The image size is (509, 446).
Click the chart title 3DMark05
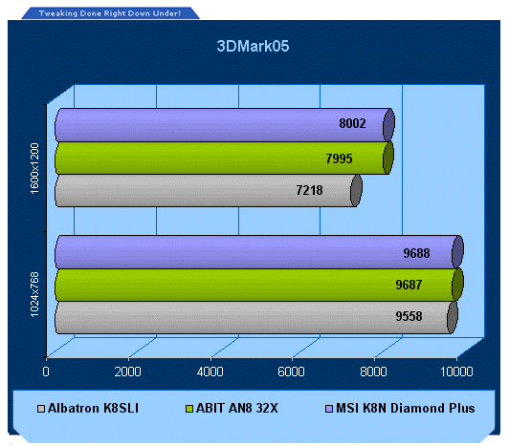(253, 46)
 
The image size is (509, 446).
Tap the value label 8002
(352, 123)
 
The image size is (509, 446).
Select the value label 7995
(339, 159)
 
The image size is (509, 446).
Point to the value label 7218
(309, 190)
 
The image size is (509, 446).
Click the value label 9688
(416, 253)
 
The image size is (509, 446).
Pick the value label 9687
(409, 285)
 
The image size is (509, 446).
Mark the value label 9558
(409, 316)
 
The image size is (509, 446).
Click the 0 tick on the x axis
(46, 372)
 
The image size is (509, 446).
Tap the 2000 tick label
(127, 372)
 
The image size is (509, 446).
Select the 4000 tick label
(210, 372)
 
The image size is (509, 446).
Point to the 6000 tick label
(291, 372)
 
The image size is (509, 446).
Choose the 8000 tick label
(373, 372)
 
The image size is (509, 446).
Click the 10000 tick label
(456, 372)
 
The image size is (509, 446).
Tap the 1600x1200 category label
(34, 168)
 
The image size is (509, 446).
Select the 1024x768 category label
(34, 295)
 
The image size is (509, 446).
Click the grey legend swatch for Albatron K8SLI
(41, 409)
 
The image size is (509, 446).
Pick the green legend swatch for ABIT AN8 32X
(188, 409)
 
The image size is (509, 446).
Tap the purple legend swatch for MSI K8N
(329, 409)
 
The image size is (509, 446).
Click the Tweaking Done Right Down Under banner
(110, 13)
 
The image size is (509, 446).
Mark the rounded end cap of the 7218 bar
(356, 191)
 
